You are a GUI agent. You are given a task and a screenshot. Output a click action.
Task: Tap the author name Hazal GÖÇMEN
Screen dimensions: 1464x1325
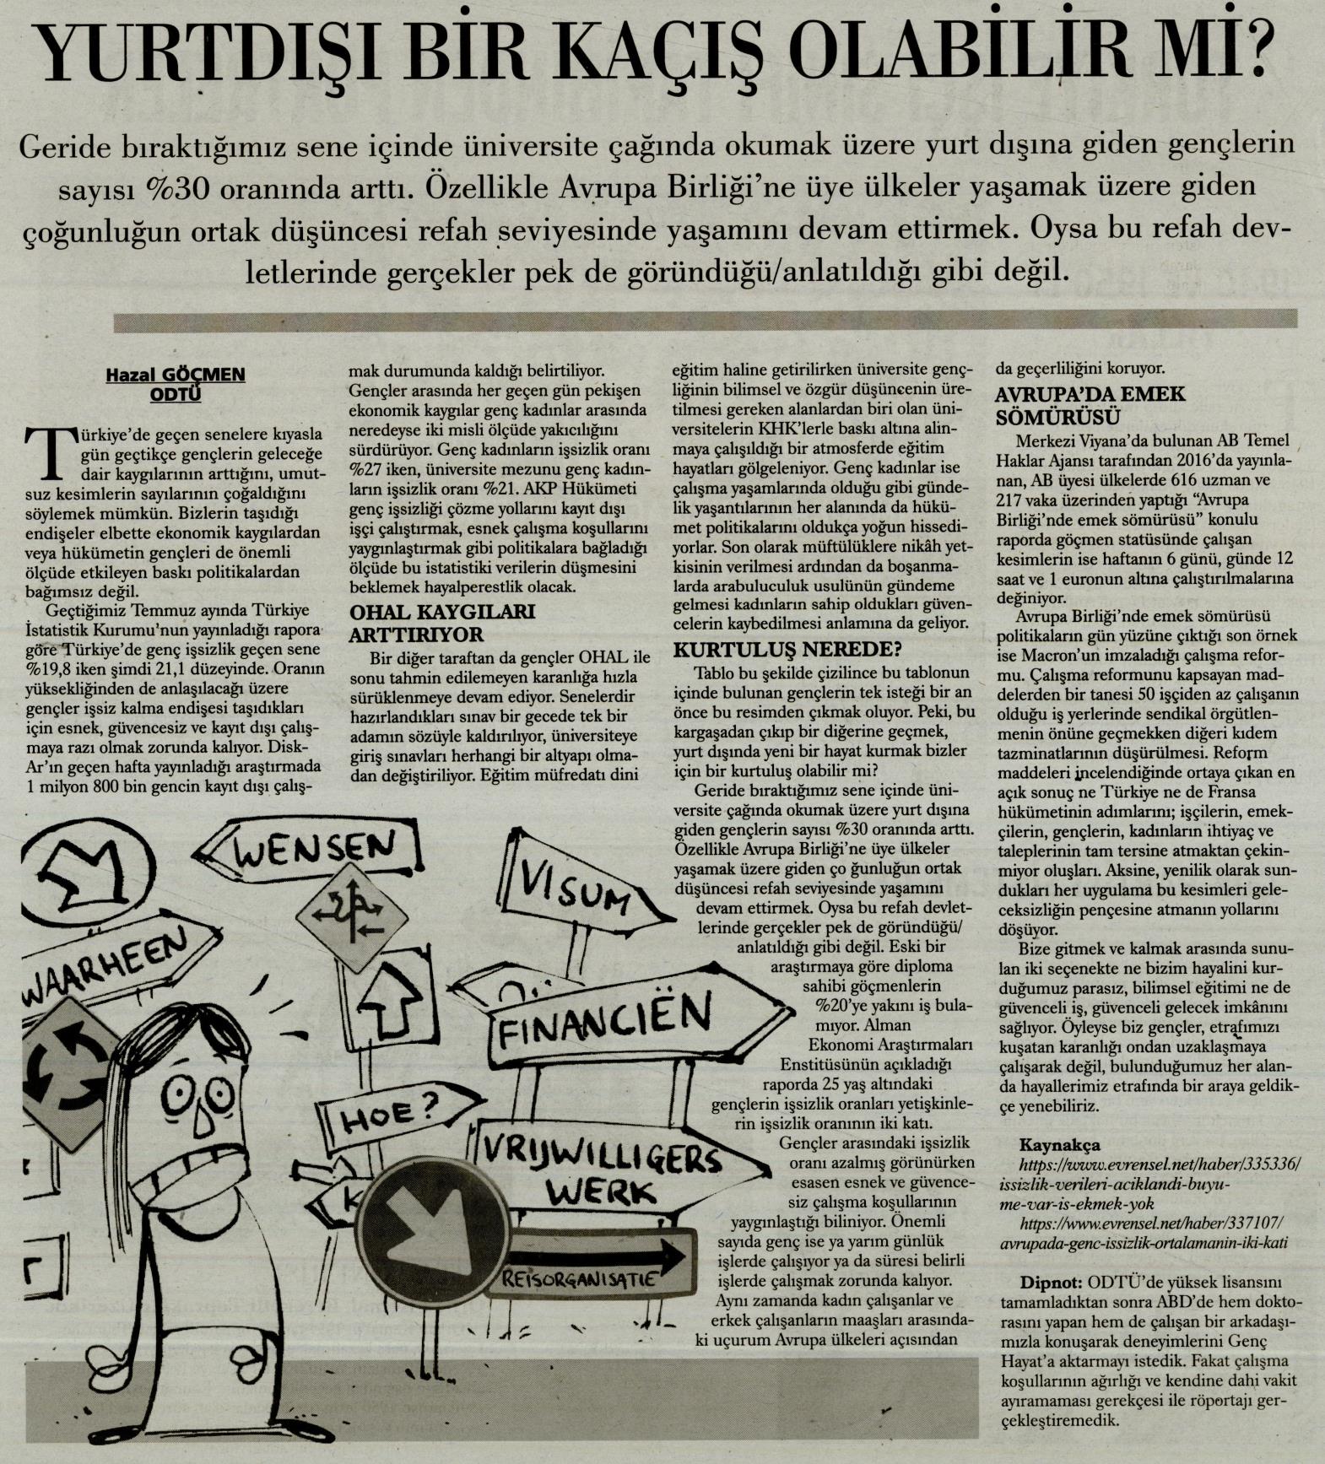[175, 375]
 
